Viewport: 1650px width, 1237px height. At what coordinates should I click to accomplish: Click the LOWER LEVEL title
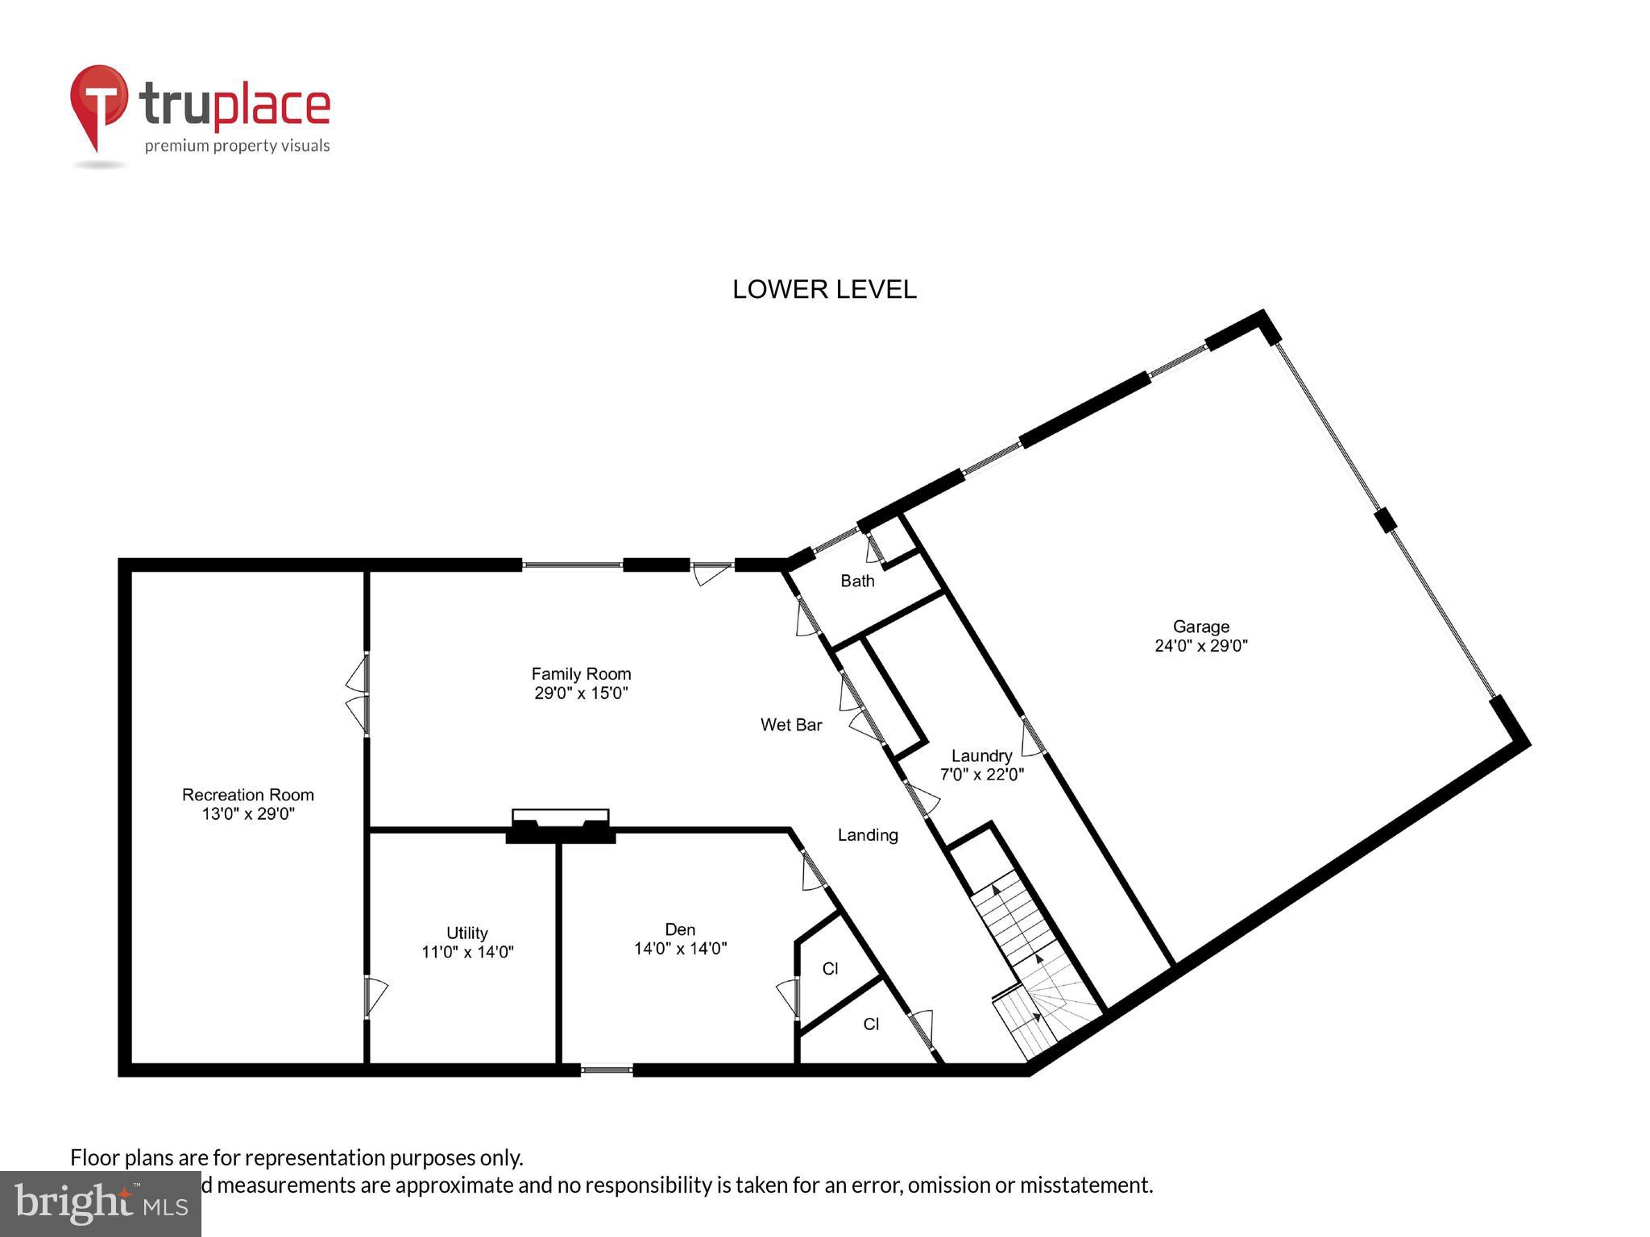point(824,290)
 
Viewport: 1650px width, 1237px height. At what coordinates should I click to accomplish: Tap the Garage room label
point(1200,627)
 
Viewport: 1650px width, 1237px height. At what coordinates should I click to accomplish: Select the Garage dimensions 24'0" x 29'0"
point(1200,646)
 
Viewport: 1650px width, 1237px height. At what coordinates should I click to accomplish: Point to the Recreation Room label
point(247,795)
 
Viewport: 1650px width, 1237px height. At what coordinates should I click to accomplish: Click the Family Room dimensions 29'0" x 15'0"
point(581,693)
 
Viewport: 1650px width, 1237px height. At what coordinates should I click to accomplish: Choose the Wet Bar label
point(791,725)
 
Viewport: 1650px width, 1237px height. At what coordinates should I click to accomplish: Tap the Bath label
point(857,581)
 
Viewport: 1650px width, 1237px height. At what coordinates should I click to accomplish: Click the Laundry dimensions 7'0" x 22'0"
point(982,775)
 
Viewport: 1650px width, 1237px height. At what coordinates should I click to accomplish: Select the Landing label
point(868,835)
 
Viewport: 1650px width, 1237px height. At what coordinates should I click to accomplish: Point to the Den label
point(680,929)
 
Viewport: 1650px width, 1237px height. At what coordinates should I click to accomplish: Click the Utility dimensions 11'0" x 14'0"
point(467,952)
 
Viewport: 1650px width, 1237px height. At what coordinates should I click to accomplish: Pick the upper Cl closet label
point(831,969)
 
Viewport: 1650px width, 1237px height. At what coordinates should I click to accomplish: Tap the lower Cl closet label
point(871,1024)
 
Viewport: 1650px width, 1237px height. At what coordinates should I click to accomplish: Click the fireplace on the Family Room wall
point(561,825)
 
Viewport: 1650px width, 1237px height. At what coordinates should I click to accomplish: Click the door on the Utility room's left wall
point(372,997)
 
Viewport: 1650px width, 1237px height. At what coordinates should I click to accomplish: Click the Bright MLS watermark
point(101,1203)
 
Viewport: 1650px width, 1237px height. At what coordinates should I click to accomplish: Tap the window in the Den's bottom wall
point(607,1070)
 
